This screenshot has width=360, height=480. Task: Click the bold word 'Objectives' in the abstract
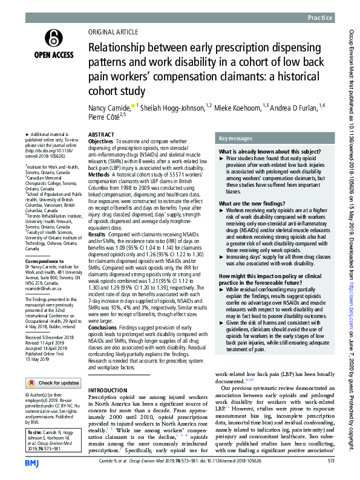click(x=101, y=140)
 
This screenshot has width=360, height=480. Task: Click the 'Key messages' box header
click(x=237, y=138)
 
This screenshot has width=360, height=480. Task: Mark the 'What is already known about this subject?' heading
click(x=266, y=151)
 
